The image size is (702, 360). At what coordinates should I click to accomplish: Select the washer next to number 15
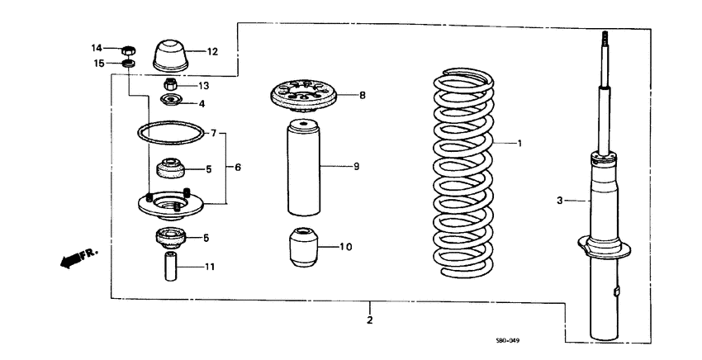click(x=129, y=64)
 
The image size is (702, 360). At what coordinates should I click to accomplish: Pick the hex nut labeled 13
click(x=170, y=84)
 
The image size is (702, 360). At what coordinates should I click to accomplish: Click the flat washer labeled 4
click(x=171, y=102)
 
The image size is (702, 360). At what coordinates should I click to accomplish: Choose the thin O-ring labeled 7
click(x=170, y=132)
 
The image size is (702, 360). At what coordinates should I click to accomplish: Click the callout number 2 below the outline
click(x=370, y=320)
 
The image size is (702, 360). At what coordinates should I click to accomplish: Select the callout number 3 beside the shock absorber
click(x=559, y=200)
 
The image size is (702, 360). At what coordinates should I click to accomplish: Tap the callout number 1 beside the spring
click(x=519, y=143)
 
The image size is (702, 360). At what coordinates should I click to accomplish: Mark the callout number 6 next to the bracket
click(x=238, y=168)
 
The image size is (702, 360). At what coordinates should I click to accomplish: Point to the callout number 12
click(x=212, y=52)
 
